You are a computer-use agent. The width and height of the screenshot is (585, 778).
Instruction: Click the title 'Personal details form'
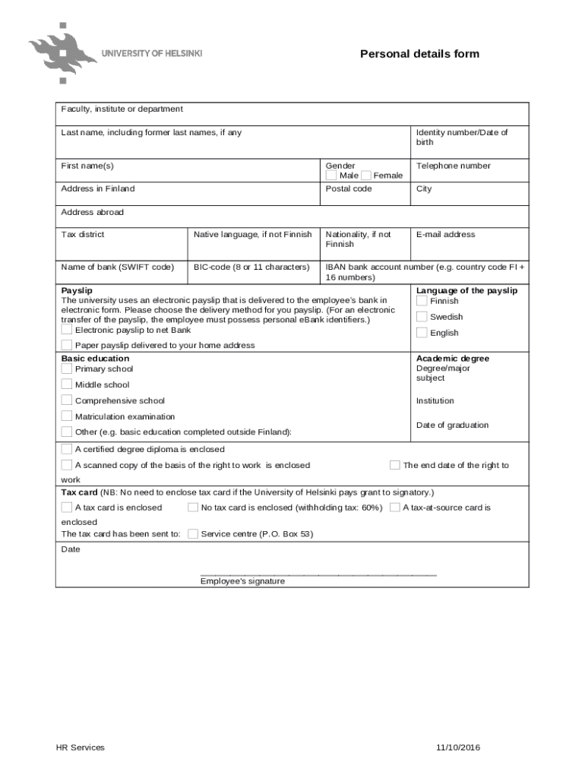click(x=419, y=54)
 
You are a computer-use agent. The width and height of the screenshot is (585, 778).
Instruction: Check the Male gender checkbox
click(x=331, y=176)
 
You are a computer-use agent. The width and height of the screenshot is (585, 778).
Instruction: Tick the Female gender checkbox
click(x=366, y=176)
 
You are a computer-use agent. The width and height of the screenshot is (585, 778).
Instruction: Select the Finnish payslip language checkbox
click(x=422, y=301)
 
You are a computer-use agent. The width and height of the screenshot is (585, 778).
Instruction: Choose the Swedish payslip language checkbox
click(x=422, y=317)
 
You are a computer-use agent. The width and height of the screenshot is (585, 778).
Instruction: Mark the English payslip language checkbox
click(x=422, y=333)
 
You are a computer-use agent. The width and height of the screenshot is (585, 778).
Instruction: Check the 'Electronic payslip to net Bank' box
click(x=67, y=330)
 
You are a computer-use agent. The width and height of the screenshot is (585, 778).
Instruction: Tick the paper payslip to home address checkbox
click(x=67, y=345)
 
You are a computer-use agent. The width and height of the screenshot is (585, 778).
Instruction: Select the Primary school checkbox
click(x=67, y=369)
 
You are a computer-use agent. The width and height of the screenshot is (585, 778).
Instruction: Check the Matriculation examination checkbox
click(x=67, y=416)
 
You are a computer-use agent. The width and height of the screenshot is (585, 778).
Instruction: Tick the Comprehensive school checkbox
click(x=67, y=400)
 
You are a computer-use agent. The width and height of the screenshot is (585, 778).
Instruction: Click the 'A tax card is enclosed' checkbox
click(x=67, y=508)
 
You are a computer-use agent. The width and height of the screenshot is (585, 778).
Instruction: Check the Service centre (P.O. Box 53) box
click(x=193, y=534)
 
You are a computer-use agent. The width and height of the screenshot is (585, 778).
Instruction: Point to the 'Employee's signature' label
click(x=242, y=581)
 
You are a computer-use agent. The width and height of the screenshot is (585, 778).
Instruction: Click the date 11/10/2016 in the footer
click(x=458, y=748)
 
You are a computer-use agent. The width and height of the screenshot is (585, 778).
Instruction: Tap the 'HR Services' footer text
click(x=80, y=748)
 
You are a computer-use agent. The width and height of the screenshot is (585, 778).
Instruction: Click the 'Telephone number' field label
click(x=453, y=166)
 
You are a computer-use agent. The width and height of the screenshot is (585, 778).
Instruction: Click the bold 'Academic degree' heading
click(x=453, y=359)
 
